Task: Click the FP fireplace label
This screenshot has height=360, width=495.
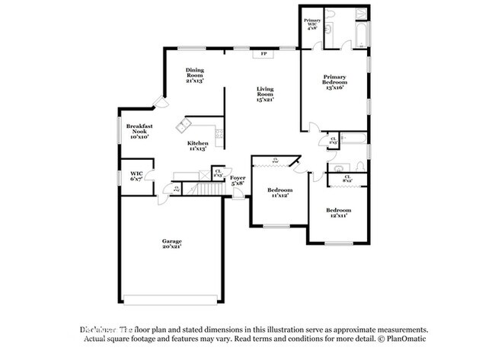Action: tap(264, 54)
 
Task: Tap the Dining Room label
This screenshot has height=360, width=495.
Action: tap(195, 74)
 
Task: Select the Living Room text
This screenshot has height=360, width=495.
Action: tap(264, 94)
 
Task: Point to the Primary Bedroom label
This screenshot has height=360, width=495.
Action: tap(334, 81)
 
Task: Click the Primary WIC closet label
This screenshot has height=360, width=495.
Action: tap(312, 23)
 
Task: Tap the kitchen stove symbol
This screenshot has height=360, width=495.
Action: tap(219, 138)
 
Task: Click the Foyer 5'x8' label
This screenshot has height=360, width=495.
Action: tap(238, 180)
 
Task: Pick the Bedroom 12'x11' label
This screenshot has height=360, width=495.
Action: tap(338, 212)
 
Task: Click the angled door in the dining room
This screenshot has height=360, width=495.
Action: tap(158, 101)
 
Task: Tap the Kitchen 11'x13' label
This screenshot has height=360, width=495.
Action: tap(199, 146)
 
